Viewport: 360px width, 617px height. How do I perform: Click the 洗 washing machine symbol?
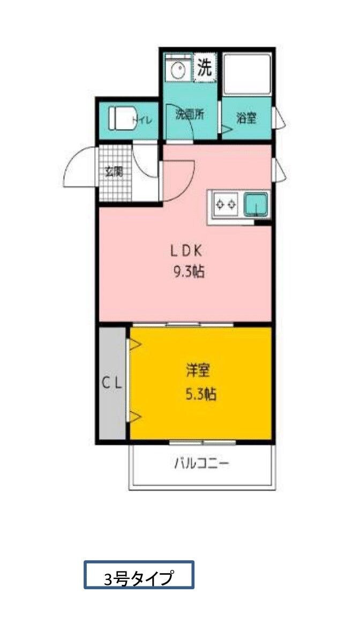(205, 68)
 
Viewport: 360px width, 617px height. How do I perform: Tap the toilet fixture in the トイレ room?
(121, 118)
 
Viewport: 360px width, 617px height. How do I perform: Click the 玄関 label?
(114, 172)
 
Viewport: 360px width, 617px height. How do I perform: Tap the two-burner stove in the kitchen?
(226, 204)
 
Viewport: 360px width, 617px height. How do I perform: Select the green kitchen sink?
(256, 204)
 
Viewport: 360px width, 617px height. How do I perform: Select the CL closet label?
(113, 383)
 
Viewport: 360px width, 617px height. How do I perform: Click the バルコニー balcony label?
(202, 463)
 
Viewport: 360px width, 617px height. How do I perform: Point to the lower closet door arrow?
(134, 416)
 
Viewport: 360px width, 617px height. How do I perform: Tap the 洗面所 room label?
(190, 115)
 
